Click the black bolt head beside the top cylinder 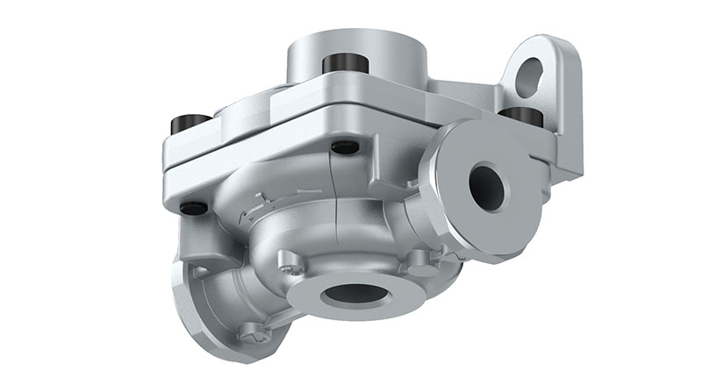[x=341, y=64]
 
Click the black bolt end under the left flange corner [x=193, y=208]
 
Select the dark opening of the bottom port [x=348, y=295]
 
